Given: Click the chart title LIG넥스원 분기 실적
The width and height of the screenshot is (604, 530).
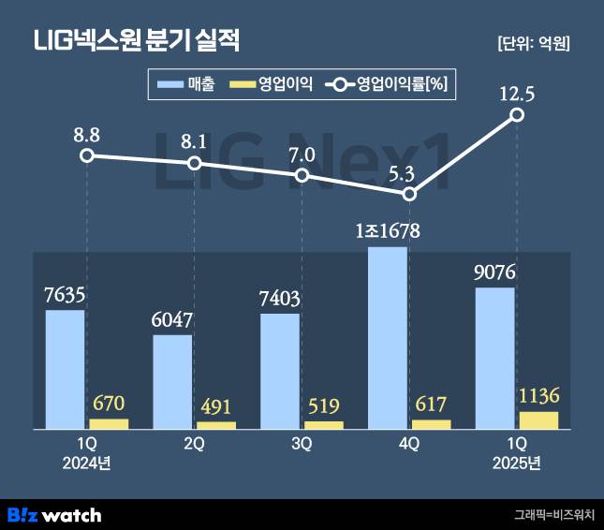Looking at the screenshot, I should (x=137, y=40).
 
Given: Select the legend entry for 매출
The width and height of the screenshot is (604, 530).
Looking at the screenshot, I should (x=188, y=85).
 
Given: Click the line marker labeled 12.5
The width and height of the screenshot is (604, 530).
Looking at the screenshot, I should (x=517, y=115).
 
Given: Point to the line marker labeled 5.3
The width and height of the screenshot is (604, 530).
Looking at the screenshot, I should (x=409, y=194).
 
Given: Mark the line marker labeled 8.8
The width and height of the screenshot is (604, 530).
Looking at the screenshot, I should (x=86, y=155).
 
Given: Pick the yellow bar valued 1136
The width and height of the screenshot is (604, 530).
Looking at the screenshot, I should (x=538, y=420).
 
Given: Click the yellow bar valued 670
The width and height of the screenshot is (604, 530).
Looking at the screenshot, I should (x=109, y=424).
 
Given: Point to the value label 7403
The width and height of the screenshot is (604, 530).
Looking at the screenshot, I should (x=280, y=299).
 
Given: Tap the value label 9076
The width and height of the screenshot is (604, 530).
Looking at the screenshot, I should (x=495, y=272).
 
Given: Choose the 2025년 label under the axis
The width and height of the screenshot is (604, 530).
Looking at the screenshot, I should (x=517, y=463).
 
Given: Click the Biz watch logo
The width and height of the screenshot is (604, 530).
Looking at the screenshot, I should (x=54, y=514).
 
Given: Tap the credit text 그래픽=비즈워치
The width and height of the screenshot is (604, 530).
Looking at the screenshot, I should (x=554, y=514).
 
